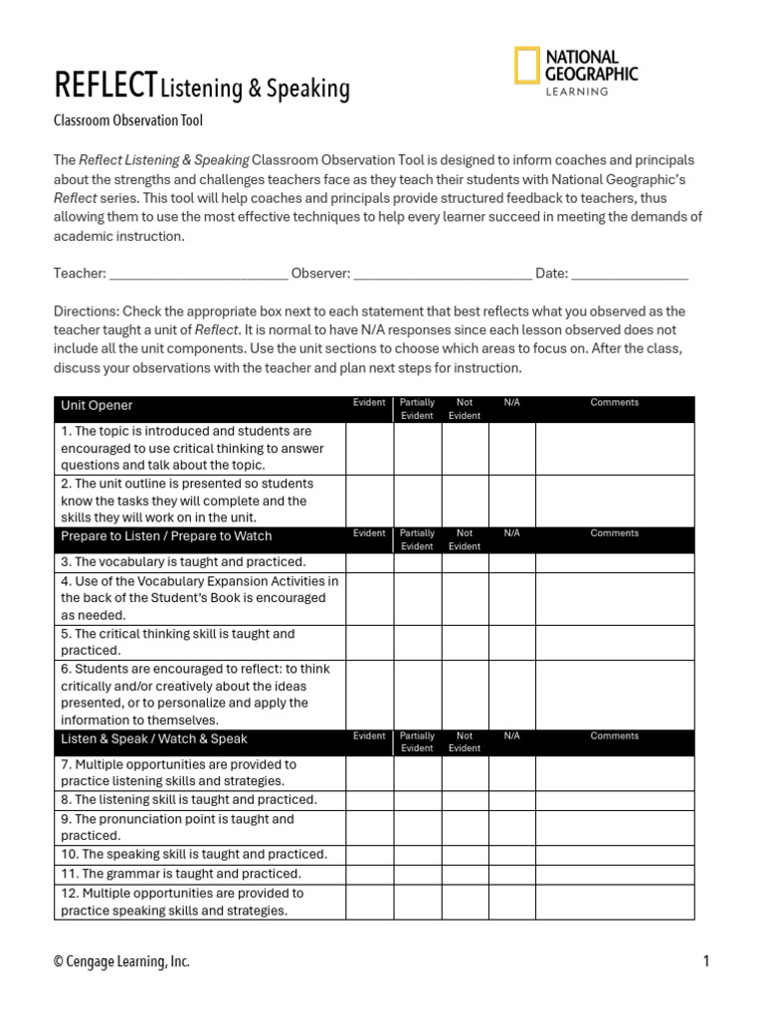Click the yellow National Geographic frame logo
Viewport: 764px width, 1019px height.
coord(527,66)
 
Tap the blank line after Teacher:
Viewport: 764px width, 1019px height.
coord(199,274)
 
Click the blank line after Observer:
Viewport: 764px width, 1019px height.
coord(443,274)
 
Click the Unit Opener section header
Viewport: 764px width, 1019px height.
coord(96,406)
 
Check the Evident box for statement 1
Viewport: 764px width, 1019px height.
coord(370,449)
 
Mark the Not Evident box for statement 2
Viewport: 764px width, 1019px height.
coord(465,501)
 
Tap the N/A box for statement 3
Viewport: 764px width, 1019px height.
coord(511,563)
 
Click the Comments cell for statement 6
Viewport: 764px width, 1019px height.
coord(615,695)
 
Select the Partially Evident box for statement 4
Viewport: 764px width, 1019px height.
coord(418,599)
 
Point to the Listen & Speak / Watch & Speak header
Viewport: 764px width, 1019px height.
coord(154,739)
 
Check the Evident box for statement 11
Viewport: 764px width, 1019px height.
coord(370,875)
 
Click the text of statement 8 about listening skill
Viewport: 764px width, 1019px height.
coord(189,800)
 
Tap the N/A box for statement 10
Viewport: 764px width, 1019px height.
coord(511,855)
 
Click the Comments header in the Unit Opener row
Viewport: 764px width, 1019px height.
coord(615,403)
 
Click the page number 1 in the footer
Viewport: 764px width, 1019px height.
coord(705,961)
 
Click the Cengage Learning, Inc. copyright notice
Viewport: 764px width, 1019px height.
coord(121,961)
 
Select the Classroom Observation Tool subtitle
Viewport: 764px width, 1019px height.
coord(128,121)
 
